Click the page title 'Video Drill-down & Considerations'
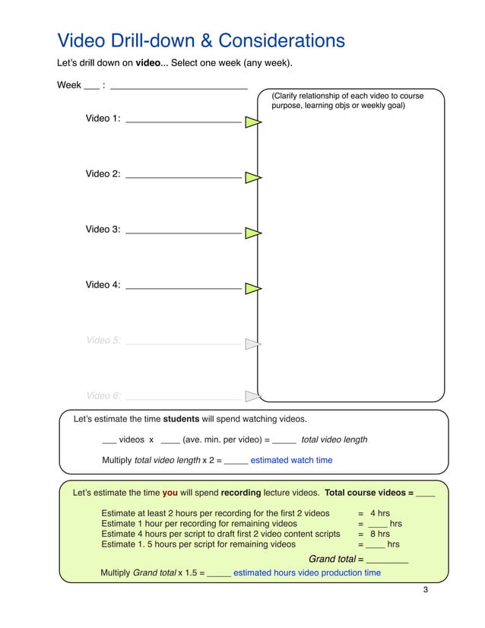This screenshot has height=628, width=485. pos(201,40)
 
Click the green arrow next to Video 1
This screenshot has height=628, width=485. pos(252,122)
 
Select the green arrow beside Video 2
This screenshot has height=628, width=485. pos(252,177)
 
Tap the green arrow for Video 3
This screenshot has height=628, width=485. pos(252,233)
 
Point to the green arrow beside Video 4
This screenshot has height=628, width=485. pos(252,288)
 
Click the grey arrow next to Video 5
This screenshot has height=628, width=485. pos(252,344)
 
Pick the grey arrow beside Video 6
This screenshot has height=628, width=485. pos(252,395)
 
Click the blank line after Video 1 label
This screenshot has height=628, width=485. pos(182,120)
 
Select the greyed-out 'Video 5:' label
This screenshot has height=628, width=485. pos(103,341)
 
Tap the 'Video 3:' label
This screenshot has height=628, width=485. pos(103,230)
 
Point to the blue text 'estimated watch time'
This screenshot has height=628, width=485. pos(291,460)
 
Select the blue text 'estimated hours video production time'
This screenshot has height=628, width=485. pos(306,572)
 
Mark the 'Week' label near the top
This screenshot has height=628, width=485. pos(69,85)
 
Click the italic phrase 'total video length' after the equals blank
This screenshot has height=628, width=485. pos(334,439)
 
